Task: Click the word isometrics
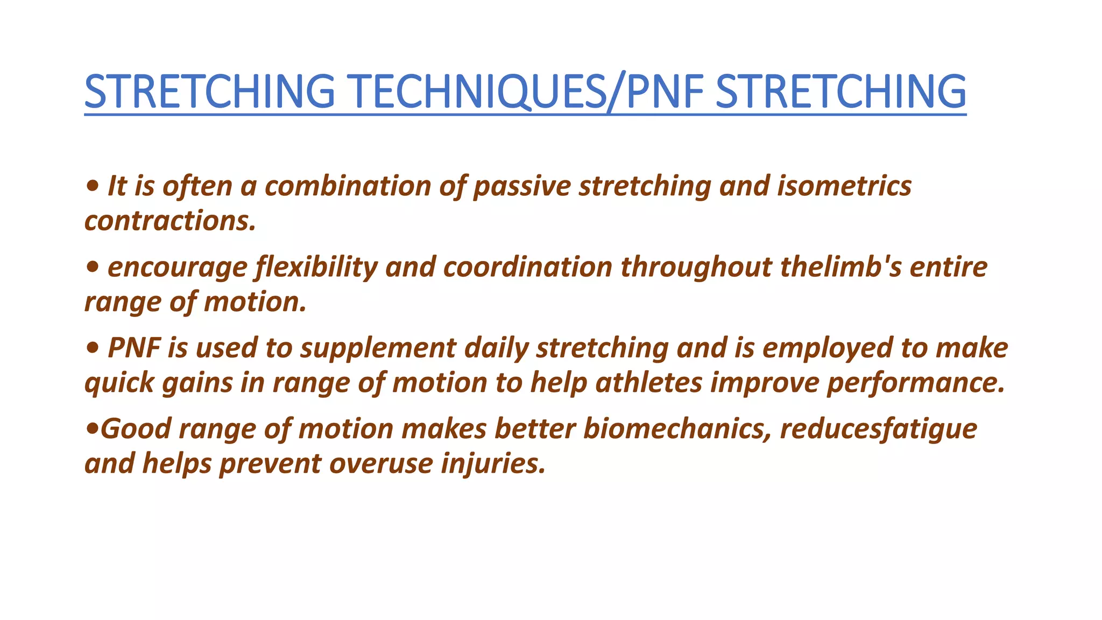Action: coord(844,186)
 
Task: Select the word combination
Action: coord(348,186)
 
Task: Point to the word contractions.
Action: coord(170,221)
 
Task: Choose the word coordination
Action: coord(527,267)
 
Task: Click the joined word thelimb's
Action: coord(841,267)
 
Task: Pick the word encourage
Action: coord(177,267)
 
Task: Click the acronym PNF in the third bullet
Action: coord(134,348)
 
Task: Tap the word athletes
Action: coord(648,383)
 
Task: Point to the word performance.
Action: coord(915,383)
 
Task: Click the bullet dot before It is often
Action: coord(92,186)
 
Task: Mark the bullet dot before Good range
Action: coord(92,429)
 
